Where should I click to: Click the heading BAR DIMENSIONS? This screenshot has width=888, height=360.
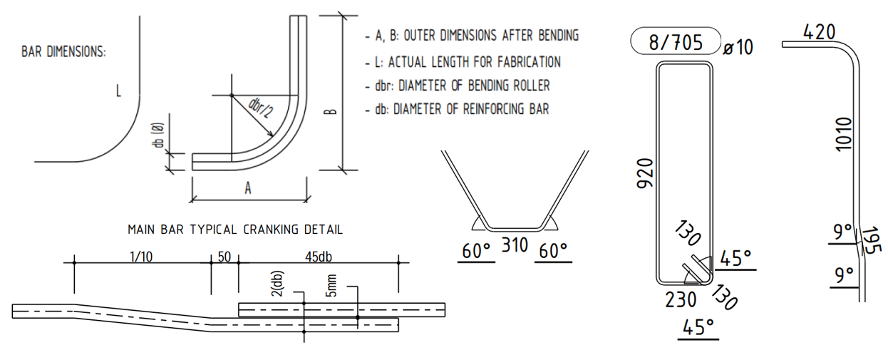tap(64, 53)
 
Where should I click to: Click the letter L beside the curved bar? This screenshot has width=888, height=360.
tap(119, 91)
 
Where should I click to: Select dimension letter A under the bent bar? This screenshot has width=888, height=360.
tap(248, 188)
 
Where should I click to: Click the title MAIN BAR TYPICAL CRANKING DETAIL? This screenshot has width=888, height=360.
tap(235, 230)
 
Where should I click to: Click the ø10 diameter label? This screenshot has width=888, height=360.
tap(738, 48)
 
